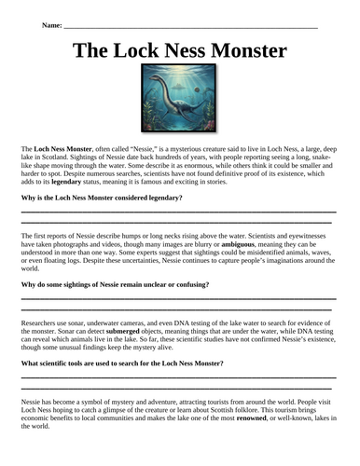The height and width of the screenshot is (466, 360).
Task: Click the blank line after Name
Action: pyautogui.click(x=187, y=26)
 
